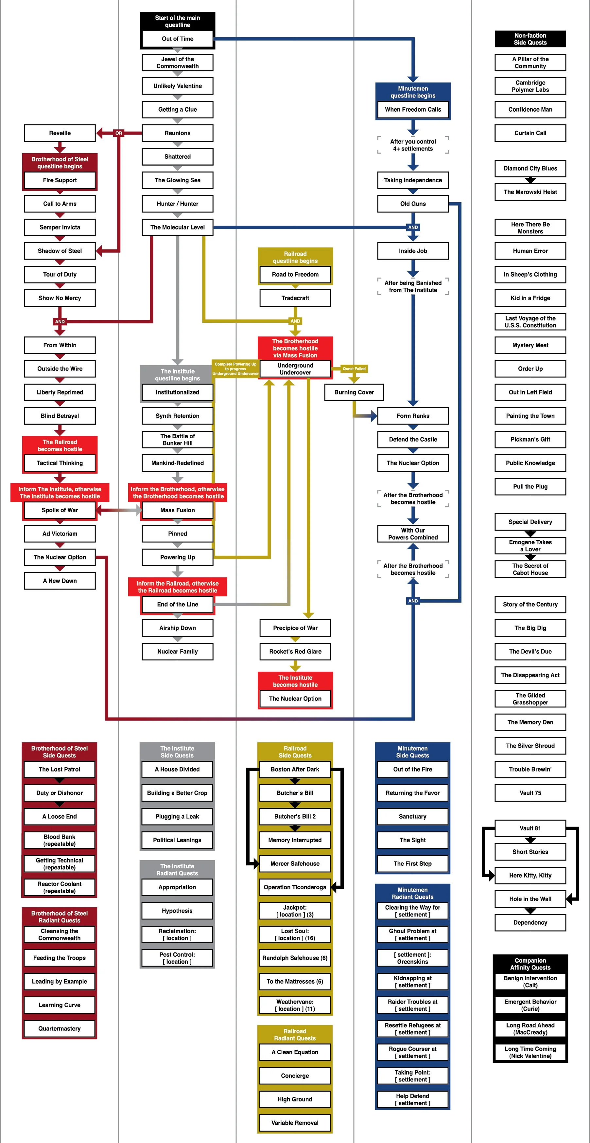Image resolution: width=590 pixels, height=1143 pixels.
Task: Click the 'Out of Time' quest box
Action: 177,39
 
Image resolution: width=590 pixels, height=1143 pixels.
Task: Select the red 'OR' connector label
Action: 118,133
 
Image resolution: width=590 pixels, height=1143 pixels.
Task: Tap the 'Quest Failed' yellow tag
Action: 354,369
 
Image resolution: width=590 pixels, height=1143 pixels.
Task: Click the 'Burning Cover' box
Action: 354,392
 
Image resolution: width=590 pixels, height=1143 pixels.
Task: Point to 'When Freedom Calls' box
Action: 413,110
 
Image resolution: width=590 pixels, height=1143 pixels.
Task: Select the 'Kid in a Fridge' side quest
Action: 530,298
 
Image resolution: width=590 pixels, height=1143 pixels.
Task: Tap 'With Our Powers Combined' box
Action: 413,534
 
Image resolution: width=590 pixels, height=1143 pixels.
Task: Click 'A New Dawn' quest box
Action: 60,581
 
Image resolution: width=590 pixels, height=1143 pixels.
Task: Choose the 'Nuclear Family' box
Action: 177,651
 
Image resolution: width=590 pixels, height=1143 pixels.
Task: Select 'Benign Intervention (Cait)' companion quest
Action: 530,982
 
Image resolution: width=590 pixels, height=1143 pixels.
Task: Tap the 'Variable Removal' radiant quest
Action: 295,1123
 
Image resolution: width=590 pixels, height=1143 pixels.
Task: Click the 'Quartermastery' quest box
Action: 60,1028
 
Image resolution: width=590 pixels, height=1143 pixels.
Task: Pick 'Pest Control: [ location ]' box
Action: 177,958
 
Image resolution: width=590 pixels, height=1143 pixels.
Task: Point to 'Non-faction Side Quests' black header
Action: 530,39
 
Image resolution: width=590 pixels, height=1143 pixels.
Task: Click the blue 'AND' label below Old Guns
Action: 413,227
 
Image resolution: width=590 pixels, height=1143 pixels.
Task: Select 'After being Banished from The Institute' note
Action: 413,287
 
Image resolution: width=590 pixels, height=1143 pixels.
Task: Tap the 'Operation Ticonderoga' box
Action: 295,887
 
